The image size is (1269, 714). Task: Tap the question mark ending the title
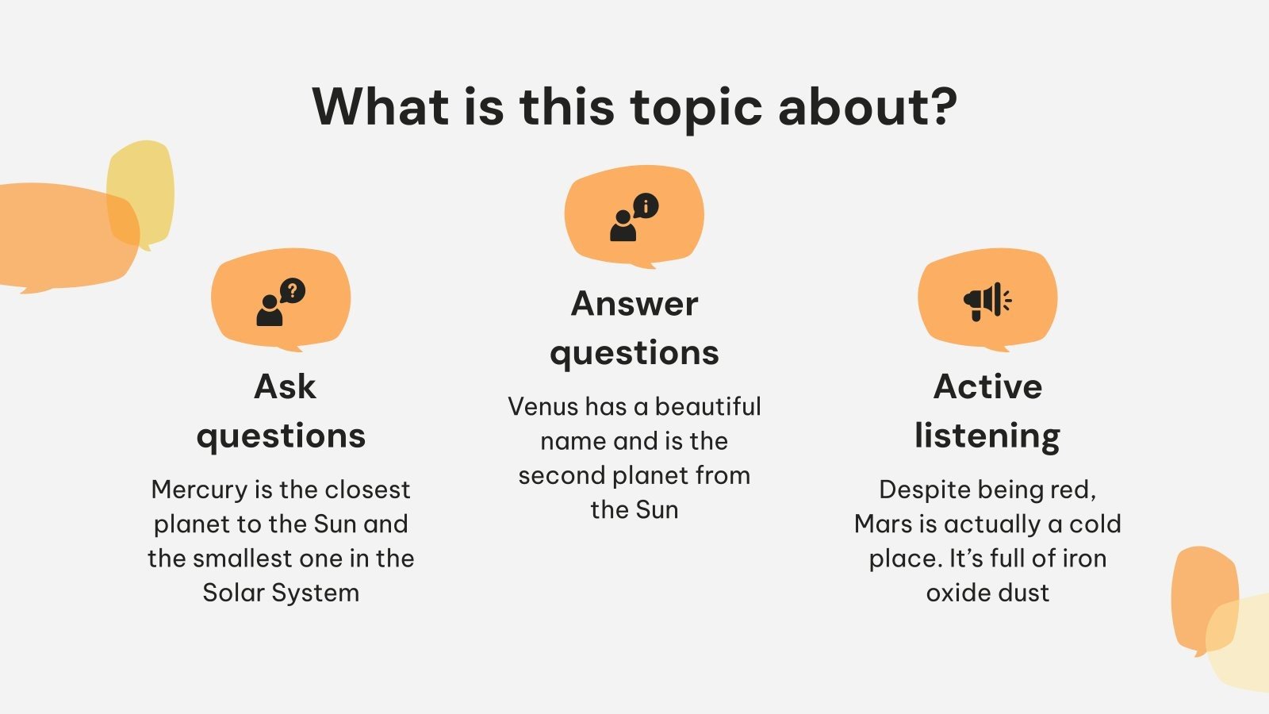click(942, 107)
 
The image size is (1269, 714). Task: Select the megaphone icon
click(987, 301)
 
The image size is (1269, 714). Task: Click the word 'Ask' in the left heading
click(285, 387)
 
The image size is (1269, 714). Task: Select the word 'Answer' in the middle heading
click(634, 304)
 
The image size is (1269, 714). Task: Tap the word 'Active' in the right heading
click(987, 387)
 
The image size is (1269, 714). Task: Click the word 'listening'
click(987, 436)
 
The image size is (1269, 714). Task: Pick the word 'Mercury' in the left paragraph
click(199, 489)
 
